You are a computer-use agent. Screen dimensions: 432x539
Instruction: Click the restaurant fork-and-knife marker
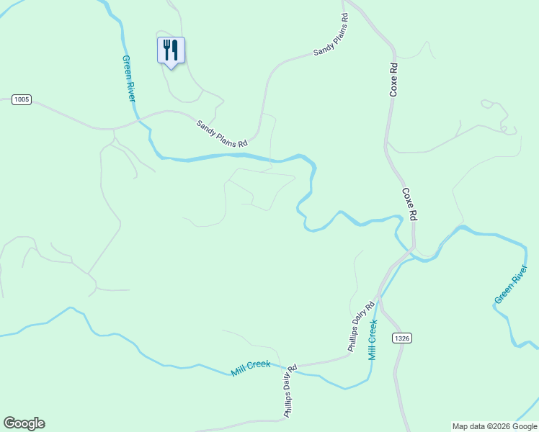coord(171,50)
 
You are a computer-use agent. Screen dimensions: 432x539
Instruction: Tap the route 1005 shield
coord(22,100)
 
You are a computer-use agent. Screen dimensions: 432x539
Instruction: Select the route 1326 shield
coord(402,338)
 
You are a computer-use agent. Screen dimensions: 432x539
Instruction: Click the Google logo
coord(24,423)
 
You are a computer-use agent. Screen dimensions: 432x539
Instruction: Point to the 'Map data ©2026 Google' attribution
coord(494,426)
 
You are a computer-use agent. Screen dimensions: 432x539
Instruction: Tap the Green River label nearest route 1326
coord(511,284)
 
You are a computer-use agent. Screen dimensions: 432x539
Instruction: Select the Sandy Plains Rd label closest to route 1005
coord(222,133)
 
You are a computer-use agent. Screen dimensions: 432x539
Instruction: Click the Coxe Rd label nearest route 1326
coord(409,204)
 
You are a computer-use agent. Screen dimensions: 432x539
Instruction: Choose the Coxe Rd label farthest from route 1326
coord(393,79)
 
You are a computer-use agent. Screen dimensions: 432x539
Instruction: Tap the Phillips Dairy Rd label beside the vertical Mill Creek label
coord(362,325)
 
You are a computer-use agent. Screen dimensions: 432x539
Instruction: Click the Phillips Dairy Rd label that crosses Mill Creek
coord(290,391)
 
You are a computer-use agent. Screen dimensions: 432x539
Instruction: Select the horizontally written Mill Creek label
coord(251,368)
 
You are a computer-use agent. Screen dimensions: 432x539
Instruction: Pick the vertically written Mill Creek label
coord(373,340)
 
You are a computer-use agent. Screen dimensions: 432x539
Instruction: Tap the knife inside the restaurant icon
coord(175,50)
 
